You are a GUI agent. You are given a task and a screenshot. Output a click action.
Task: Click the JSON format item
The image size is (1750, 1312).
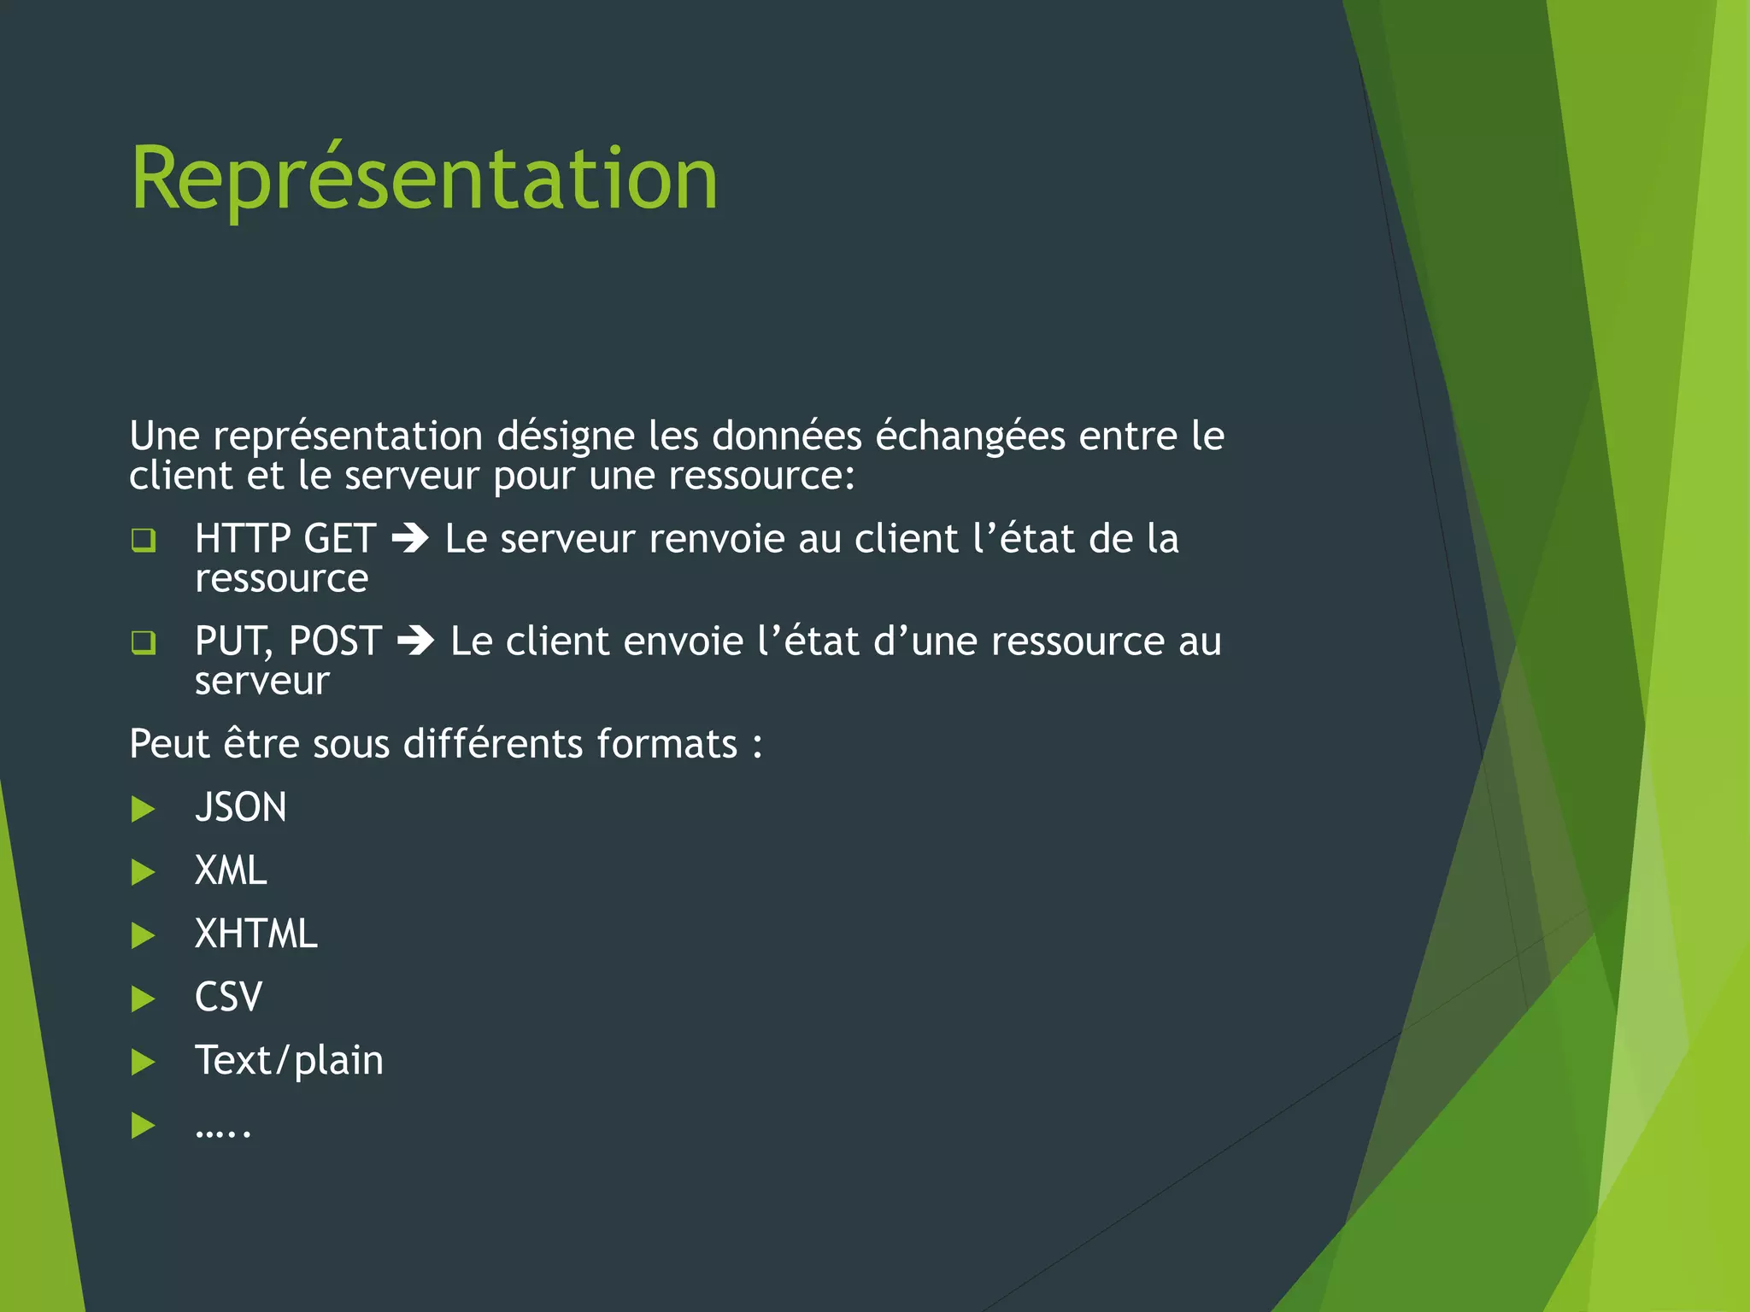(241, 808)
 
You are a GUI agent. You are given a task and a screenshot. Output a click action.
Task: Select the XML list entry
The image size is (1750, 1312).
(231, 871)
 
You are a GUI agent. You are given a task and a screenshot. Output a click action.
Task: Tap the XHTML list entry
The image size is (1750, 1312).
(256, 934)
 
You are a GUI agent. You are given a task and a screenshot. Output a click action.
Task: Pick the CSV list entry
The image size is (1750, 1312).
(228, 998)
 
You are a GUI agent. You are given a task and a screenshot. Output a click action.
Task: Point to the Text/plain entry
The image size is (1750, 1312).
(289, 1061)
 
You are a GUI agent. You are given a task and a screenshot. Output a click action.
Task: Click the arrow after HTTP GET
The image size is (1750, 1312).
(410, 539)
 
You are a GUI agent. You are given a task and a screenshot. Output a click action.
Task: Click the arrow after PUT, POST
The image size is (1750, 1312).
(416, 641)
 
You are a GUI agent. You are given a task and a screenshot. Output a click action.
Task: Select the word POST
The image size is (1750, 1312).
(335, 641)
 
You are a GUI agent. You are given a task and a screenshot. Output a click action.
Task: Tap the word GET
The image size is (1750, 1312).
(340, 539)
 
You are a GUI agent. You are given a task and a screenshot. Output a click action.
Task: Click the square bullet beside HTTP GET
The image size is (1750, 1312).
(144, 540)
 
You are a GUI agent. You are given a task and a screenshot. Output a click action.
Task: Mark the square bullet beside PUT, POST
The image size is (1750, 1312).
(144, 642)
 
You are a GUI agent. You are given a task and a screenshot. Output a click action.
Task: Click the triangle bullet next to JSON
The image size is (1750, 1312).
(144, 809)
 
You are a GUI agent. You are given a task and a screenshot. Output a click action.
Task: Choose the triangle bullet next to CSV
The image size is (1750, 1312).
(144, 999)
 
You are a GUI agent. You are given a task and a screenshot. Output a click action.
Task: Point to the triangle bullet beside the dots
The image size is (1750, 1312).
(144, 1126)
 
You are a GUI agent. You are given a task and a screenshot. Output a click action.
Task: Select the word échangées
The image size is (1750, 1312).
(970, 436)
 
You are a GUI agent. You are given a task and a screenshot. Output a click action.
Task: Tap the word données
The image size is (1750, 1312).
(787, 436)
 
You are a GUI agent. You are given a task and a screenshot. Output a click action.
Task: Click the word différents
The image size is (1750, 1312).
(493, 744)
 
